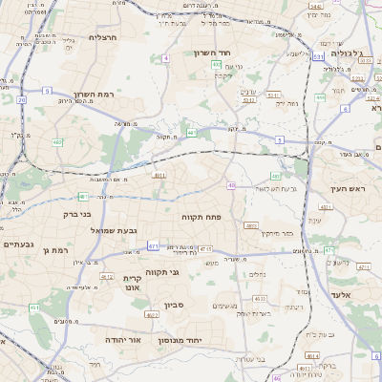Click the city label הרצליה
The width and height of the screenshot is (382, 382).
click(102, 37)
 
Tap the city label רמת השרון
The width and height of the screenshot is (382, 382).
click(93, 95)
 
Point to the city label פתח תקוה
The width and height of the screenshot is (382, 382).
click(202, 218)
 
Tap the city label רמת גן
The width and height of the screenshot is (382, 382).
click(58, 249)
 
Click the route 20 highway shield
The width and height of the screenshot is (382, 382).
click(21, 98)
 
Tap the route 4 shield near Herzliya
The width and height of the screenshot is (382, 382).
click(165, 58)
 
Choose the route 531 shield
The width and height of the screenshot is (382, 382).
click(248, 98)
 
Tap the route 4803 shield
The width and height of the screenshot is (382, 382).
click(251, 225)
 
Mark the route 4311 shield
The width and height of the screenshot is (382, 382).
click(326, 207)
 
